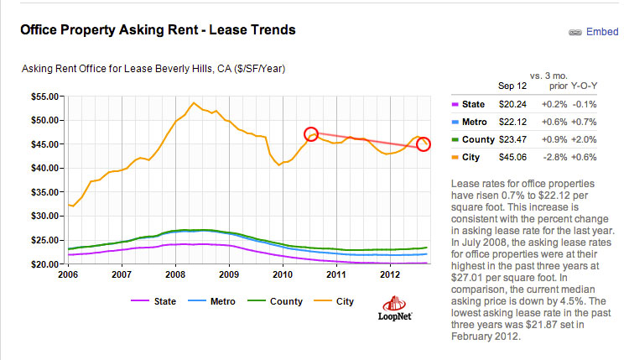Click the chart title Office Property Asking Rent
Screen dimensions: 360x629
coord(158,30)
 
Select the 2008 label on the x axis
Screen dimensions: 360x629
coord(175,274)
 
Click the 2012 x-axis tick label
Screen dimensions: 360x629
coord(389,274)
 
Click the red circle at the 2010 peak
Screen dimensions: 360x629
coord(311,133)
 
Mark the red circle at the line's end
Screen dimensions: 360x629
coord(424,144)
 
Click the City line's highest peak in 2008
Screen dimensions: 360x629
coord(194,103)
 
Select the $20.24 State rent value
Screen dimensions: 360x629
coord(512,104)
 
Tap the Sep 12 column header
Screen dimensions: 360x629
coord(512,86)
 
